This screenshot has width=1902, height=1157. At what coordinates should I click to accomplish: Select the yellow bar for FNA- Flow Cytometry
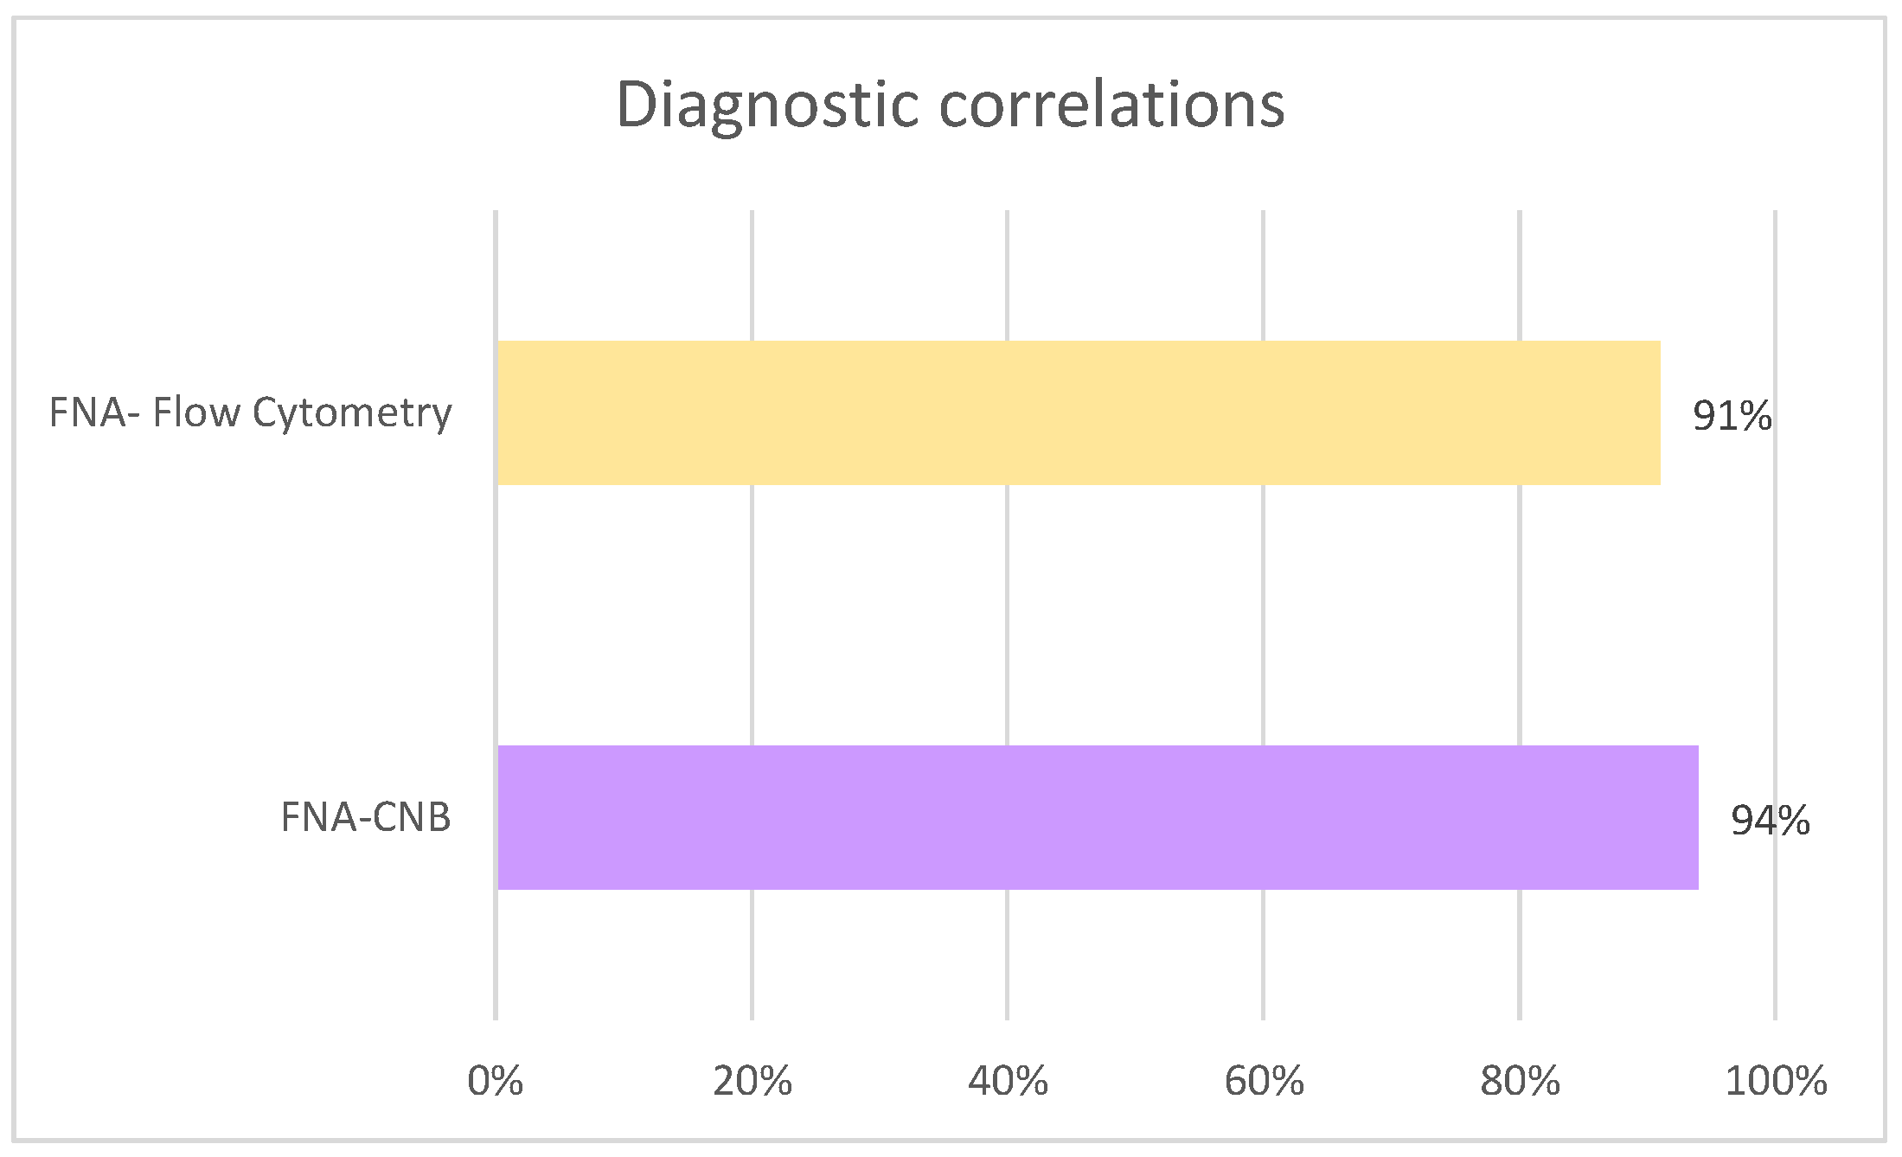1078,412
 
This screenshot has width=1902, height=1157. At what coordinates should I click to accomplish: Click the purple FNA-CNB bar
1097,817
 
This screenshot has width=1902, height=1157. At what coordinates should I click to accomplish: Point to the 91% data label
1732,416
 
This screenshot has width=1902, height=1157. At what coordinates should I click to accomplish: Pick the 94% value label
1770,821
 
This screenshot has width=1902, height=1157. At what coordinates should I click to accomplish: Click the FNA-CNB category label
366,817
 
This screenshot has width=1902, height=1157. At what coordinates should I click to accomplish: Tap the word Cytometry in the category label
352,412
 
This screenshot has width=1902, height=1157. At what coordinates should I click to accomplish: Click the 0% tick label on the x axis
495,1081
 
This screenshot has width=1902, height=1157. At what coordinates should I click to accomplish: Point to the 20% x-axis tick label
752,1081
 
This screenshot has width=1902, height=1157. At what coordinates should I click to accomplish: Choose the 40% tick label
1008,1081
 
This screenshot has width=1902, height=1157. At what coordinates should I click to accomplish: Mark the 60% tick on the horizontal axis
1264,1081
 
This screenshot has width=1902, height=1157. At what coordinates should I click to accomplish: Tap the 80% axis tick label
1520,1081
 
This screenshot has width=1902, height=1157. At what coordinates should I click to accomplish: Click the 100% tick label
1776,1081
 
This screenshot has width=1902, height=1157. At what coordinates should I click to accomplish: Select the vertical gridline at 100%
1776,605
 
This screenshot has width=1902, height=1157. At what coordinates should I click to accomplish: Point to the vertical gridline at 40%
1008,605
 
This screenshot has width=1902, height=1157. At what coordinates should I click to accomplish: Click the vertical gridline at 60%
1264,605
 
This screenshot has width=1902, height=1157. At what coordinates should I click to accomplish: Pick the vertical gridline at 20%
752,605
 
